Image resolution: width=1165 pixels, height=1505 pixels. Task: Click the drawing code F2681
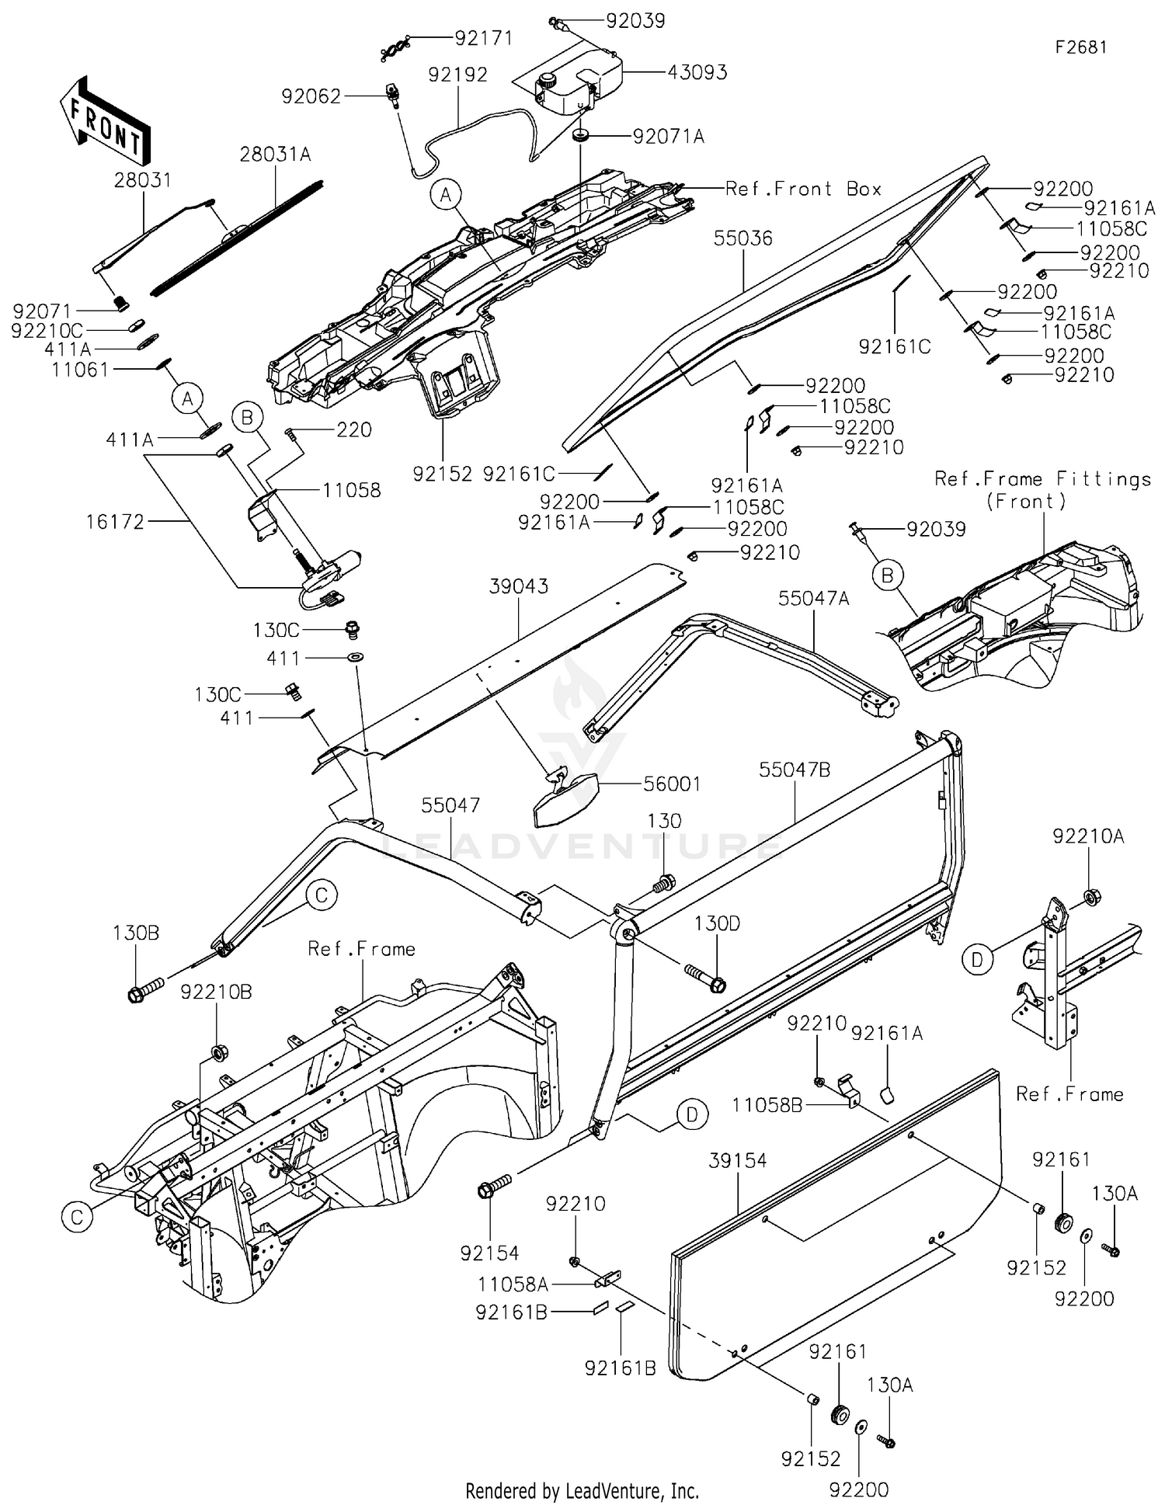1081,47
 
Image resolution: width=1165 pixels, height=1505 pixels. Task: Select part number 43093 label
697,72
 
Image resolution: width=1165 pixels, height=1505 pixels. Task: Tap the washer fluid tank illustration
578,80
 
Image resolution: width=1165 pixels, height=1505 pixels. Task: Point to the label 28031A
276,155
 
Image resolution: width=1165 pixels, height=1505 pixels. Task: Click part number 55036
743,238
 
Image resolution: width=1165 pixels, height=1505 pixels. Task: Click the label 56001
673,784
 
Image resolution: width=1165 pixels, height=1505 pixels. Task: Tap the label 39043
519,586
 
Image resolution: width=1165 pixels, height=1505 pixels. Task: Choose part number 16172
116,522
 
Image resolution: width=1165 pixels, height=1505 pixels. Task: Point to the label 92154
489,1253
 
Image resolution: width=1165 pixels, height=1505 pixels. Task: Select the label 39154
738,1161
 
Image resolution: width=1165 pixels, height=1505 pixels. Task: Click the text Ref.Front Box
803,189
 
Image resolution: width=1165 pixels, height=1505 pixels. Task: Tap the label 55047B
795,770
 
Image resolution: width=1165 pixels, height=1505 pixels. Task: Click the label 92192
458,75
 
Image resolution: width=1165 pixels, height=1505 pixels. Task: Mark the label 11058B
767,1104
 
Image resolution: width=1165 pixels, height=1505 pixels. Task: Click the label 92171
484,38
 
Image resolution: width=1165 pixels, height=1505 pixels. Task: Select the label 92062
311,96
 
